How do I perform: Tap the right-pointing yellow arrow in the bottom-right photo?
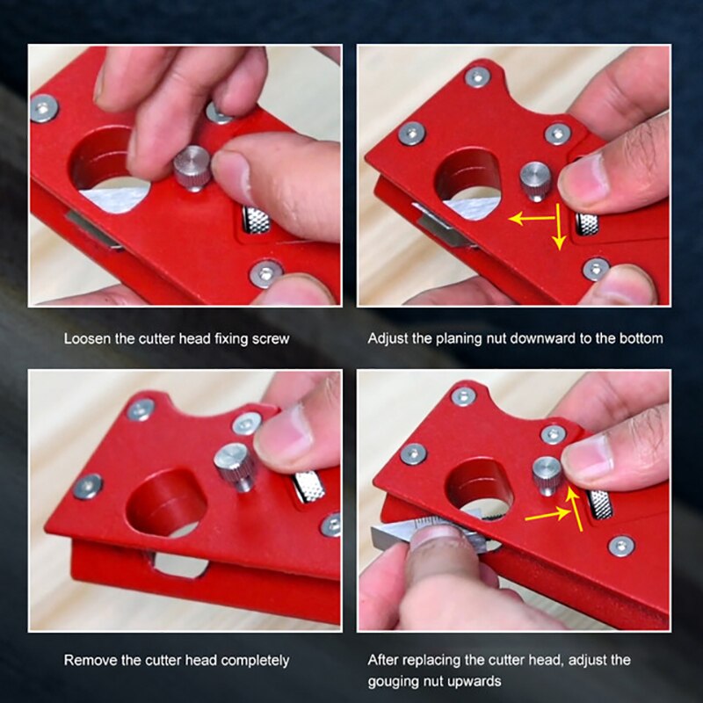(x=547, y=517)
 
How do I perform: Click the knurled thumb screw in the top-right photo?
(x=534, y=181)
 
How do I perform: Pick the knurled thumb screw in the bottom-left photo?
(x=235, y=466)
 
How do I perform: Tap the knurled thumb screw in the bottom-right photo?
(x=547, y=475)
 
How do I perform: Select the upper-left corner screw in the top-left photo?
(x=44, y=108)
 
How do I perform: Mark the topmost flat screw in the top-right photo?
(x=477, y=76)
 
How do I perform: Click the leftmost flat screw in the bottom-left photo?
(x=87, y=486)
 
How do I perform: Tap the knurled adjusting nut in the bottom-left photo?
(x=308, y=485)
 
